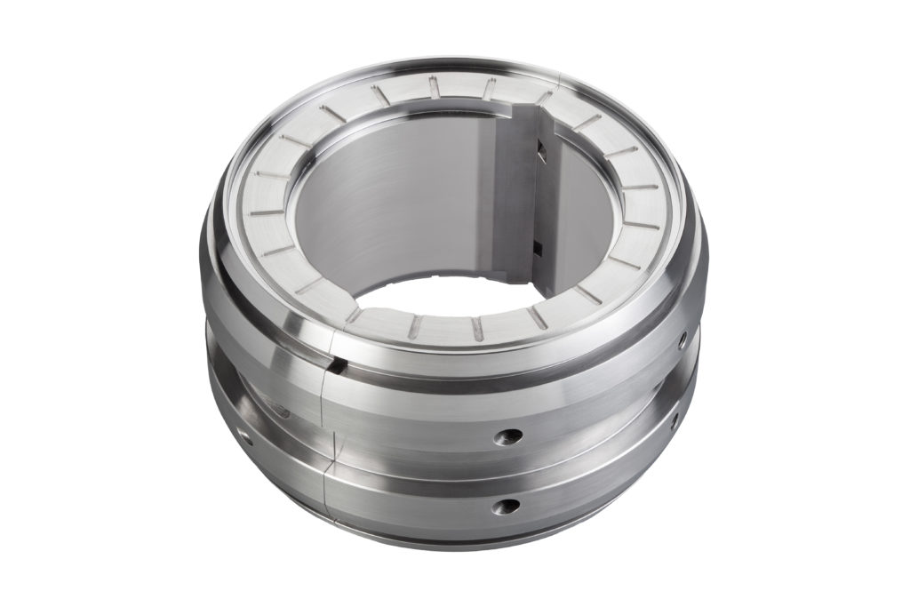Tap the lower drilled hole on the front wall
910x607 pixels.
507,506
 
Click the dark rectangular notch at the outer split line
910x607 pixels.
336,363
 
